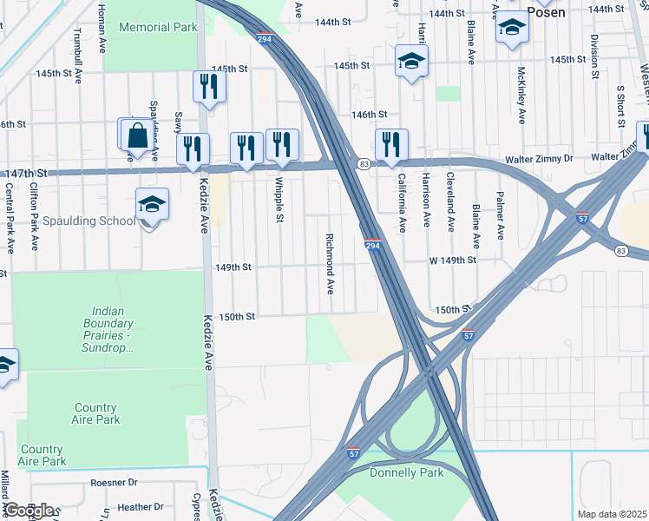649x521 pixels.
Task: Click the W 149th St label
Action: coord(452,260)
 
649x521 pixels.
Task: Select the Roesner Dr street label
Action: coord(114,482)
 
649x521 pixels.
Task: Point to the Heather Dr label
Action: coord(140,506)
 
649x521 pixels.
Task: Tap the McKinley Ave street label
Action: coord(521,96)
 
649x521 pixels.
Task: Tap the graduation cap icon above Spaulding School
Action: coord(152,205)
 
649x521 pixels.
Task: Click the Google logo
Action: coord(29,510)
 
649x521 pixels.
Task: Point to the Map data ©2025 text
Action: coord(612,514)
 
